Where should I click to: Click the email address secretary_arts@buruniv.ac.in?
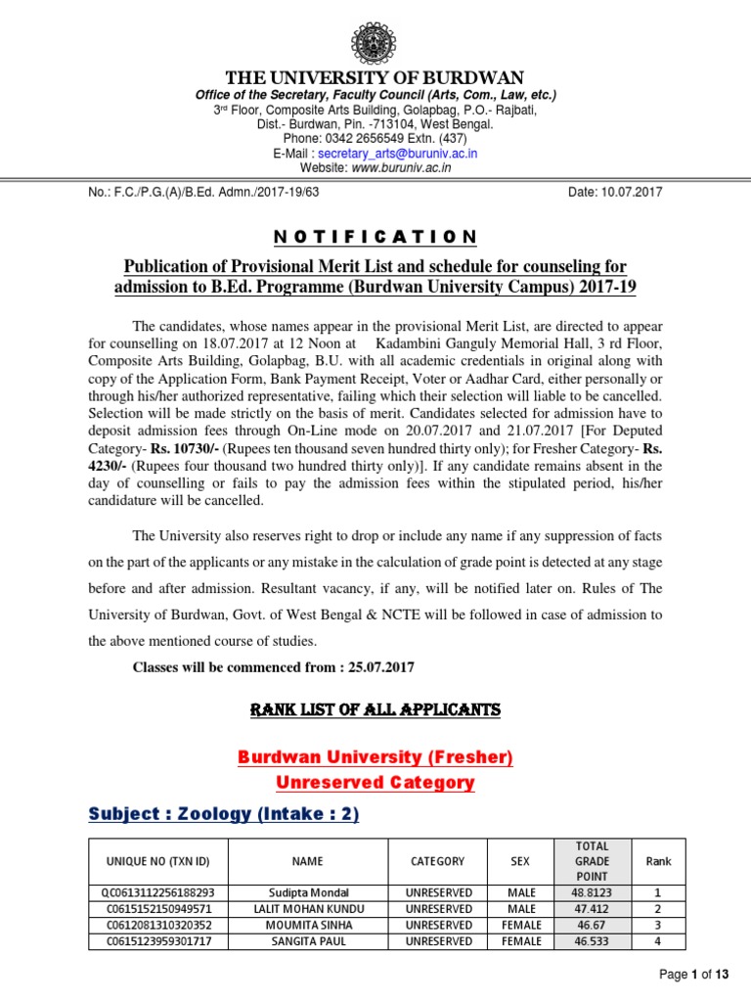(401, 154)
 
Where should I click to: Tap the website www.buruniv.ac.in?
(401, 167)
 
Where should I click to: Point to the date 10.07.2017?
(615, 192)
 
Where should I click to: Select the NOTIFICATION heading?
(375, 237)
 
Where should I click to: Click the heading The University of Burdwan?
(375, 77)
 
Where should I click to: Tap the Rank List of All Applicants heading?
(375, 709)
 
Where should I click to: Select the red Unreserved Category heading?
(375, 783)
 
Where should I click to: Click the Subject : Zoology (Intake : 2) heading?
(224, 814)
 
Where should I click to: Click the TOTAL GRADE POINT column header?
(593, 861)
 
